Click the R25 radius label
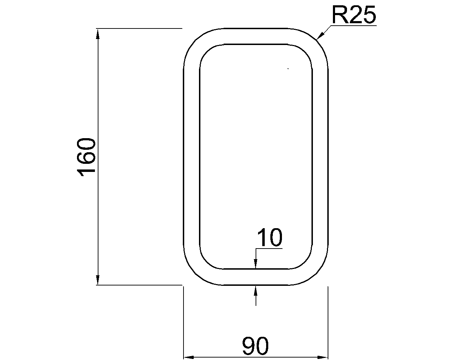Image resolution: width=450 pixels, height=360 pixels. click(353, 15)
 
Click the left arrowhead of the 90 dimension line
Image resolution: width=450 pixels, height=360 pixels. click(189, 357)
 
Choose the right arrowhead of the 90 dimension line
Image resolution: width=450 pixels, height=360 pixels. click(322, 357)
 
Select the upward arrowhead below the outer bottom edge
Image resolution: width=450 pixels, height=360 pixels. click(256, 290)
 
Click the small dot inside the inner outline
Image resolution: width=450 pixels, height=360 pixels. click(288, 69)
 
